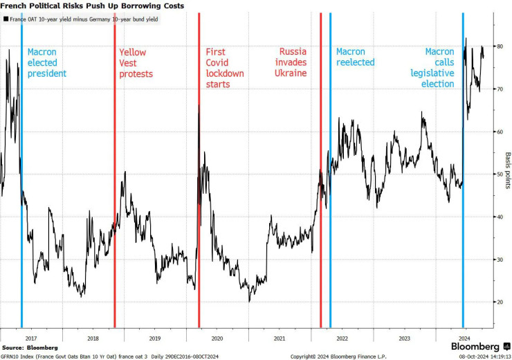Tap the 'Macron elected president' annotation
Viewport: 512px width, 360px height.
(46, 62)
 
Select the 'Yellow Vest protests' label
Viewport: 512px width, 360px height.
(136, 62)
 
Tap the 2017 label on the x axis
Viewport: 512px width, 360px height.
(29, 339)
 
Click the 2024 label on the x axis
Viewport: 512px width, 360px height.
(464, 339)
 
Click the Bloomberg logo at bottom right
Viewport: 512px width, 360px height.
(476, 347)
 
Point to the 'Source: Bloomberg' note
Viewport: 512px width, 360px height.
(30, 347)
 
